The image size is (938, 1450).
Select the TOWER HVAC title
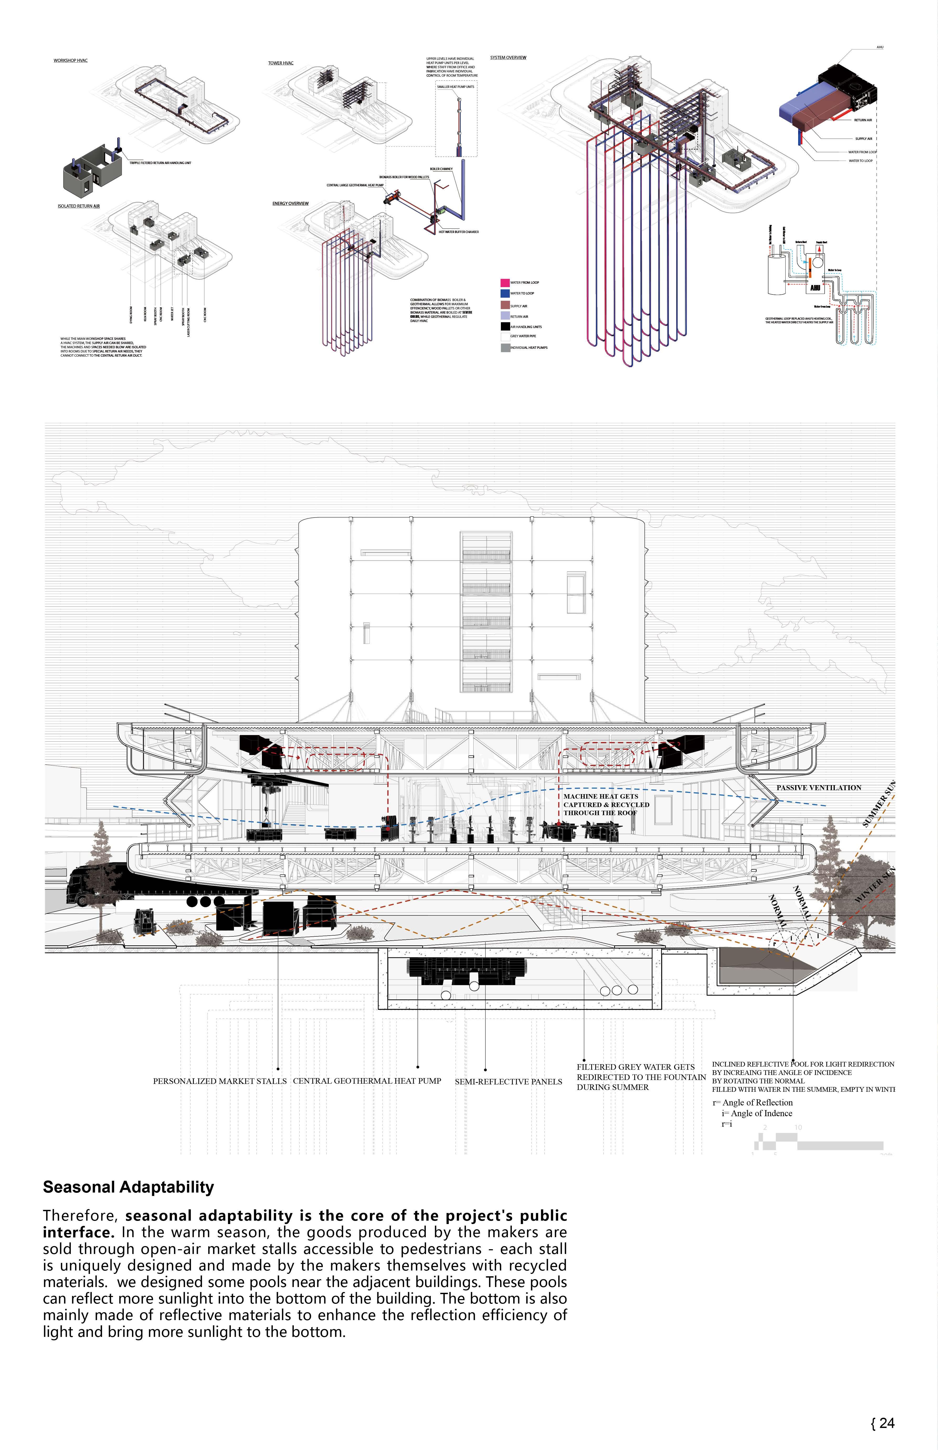pyautogui.click(x=281, y=63)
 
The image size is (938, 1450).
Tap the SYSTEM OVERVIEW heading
pyautogui.click(x=508, y=58)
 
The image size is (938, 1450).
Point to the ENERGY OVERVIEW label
pyautogui.click(x=290, y=203)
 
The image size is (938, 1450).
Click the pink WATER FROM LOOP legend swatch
pyautogui.click(x=505, y=283)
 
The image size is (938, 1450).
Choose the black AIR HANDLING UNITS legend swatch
pyautogui.click(x=505, y=326)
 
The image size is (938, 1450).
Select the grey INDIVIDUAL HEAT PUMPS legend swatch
pyautogui.click(x=505, y=348)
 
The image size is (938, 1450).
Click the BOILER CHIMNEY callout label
pyautogui.click(x=441, y=169)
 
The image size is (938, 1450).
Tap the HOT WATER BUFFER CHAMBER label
pyautogui.click(x=459, y=232)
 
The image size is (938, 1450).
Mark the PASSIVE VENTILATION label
pyautogui.click(x=819, y=788)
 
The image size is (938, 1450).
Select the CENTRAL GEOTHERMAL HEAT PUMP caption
pyautogui.click(x=367, y=1081)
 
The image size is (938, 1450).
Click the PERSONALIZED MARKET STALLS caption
pyautogui.click(x=219, y=1082)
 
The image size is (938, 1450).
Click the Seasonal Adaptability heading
pyautogui.click(x=129, y=1187)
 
